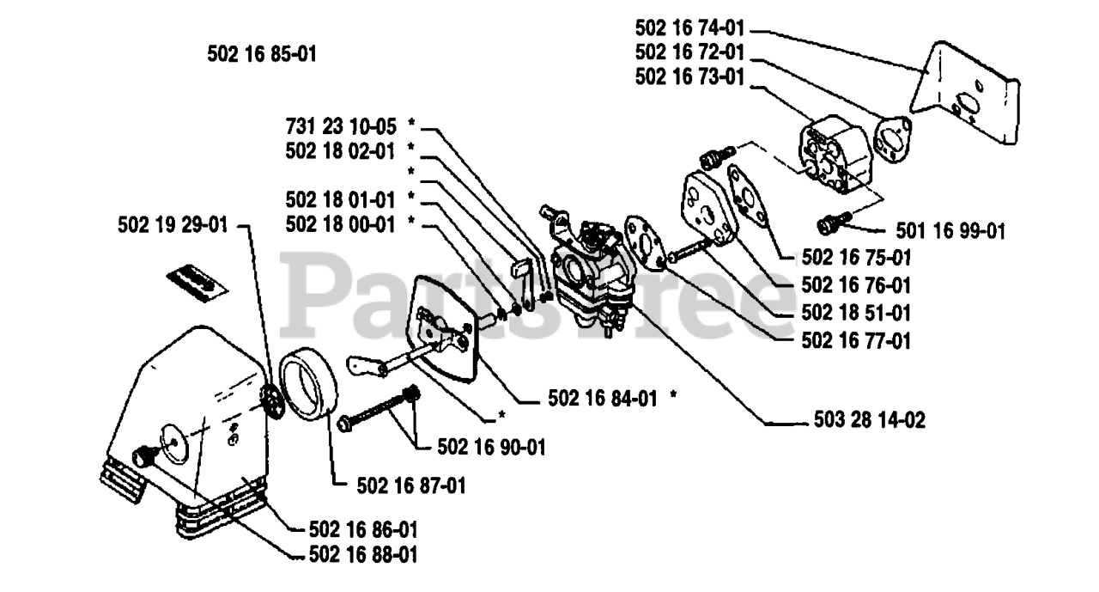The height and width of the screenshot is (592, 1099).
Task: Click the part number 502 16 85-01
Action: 262,54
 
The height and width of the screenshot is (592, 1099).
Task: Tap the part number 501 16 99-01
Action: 950,230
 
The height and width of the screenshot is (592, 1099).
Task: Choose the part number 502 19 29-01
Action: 174,225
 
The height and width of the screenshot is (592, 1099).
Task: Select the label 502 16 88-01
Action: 363,555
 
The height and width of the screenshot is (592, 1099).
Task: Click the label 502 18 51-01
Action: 856,313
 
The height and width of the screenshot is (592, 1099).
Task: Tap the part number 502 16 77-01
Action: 856,341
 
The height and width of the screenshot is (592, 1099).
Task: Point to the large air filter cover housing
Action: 197,412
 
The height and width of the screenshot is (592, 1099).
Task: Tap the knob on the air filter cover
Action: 143,455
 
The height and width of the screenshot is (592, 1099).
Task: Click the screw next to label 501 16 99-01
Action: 832,224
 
